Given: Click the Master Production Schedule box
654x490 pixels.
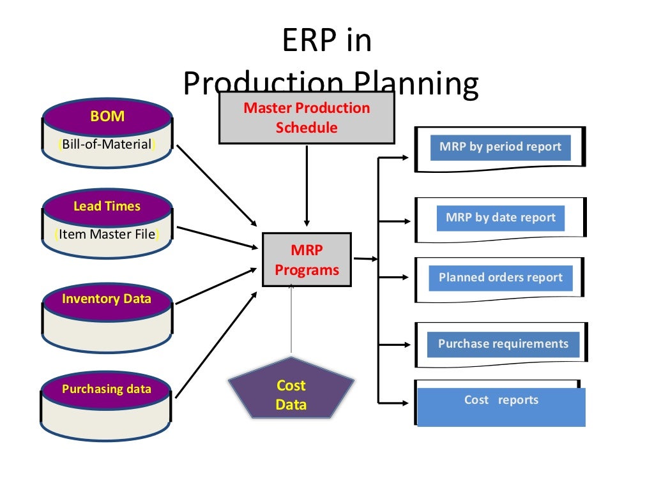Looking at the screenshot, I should click(x=307, y=118).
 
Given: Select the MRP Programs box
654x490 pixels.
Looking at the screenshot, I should click(x=307, y=260).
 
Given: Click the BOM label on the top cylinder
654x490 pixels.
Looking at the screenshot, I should click(x=107, y=117).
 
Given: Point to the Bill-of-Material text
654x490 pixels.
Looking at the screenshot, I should click(x=107, y=144).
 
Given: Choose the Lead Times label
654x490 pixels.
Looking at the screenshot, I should click(x=107, y=206).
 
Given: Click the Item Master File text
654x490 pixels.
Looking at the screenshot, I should click(x=107, y=234).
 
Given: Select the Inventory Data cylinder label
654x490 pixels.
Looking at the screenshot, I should click(x=107, y=299).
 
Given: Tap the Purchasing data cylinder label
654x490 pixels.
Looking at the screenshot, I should click(x=107, y=389).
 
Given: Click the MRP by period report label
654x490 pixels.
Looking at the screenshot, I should click(x=500, y=147).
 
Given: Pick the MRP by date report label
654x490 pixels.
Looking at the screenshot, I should click(x=501, y=218).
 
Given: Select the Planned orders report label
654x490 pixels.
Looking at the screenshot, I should click(x=500, y=278).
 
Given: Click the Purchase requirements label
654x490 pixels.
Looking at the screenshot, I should click(x=503, y=344).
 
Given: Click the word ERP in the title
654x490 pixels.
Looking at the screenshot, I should click(x=308, y=41).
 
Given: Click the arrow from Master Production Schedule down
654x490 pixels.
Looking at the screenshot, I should click(x=307, y=185).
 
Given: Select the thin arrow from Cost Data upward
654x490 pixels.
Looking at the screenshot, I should click(x=291, y=319).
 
